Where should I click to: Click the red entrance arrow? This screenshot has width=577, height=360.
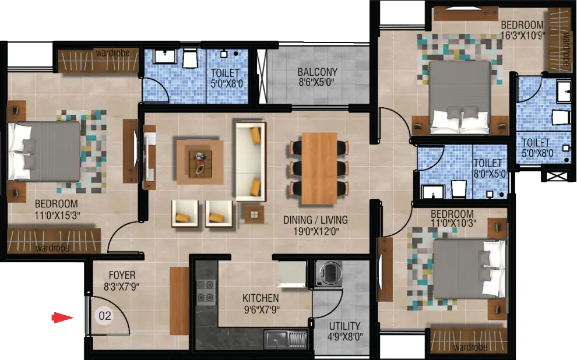(x=62, y=317)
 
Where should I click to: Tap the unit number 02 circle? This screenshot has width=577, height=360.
(x=104, y=316)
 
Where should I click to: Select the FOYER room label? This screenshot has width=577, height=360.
(x=122, y=275)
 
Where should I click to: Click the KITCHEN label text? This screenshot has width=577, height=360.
(x=261, y=298)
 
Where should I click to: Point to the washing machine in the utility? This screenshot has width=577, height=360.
(x=329, y=273)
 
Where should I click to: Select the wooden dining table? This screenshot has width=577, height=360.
(x=319, y=168)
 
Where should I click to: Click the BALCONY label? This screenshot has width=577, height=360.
(x=318, y=72)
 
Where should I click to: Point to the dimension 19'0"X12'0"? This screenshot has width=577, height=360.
(x=316, y=231)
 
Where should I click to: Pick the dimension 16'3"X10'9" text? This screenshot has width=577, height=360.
(x=523, y=36)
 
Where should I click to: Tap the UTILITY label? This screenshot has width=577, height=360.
(x=345, y=326)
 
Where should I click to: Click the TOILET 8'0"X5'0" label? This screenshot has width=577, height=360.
(x=489, y=168)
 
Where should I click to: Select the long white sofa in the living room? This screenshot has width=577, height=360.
(x=251, y=162)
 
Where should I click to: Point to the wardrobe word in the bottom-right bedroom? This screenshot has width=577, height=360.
(x=470, y=347)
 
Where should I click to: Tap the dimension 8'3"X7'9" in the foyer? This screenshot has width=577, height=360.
(x=121, y=287)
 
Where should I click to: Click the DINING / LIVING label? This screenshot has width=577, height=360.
(x=315, y=220)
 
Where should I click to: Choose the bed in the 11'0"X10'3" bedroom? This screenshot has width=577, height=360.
(x=470, y=269)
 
